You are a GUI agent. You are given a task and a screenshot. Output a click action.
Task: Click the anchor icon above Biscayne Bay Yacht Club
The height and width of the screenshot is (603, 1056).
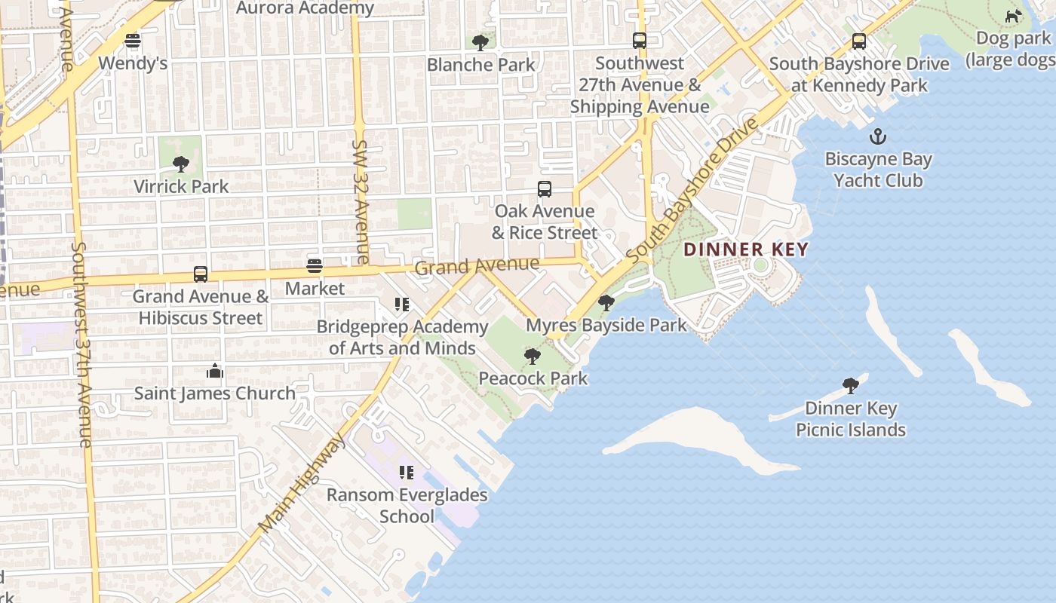coord(877,137)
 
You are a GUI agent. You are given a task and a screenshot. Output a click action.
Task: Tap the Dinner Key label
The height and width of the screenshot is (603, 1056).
coord(746,249)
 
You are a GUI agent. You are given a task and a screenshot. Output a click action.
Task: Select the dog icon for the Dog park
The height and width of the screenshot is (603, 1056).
coord(1013,16)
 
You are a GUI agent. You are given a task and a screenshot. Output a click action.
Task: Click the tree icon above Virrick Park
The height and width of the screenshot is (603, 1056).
coord(180,164)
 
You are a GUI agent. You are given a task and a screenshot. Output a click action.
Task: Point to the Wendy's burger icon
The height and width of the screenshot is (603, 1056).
coord(133,41)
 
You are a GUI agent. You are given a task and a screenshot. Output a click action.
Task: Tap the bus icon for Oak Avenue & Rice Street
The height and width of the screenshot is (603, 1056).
coord(545,189)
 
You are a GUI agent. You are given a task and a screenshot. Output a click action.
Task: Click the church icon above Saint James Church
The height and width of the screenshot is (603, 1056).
coord(214,371)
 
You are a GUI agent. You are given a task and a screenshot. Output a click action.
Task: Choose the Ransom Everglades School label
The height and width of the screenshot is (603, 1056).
coord(407,506)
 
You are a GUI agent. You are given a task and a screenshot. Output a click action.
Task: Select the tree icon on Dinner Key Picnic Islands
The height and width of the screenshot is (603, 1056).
coord(851,386)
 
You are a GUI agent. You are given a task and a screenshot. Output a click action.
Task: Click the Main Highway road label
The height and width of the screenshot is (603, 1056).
coord(300,482)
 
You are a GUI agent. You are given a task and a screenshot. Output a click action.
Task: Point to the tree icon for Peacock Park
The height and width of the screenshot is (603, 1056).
coord(533,356)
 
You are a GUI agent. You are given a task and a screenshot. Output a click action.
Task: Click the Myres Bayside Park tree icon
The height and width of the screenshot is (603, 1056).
coord(606,303)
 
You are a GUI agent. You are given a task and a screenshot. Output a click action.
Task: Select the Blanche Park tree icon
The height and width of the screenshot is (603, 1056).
coord(480,43)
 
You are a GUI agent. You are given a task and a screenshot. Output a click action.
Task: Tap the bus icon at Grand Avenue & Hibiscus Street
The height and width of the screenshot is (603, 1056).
coord(201,274)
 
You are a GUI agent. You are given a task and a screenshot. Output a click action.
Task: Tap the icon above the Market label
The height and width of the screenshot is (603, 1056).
coord(315,265)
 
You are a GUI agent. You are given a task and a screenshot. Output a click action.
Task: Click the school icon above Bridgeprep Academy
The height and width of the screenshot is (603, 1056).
coord(402,305)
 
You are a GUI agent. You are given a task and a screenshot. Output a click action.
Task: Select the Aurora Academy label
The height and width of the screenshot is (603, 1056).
coord(305,8)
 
